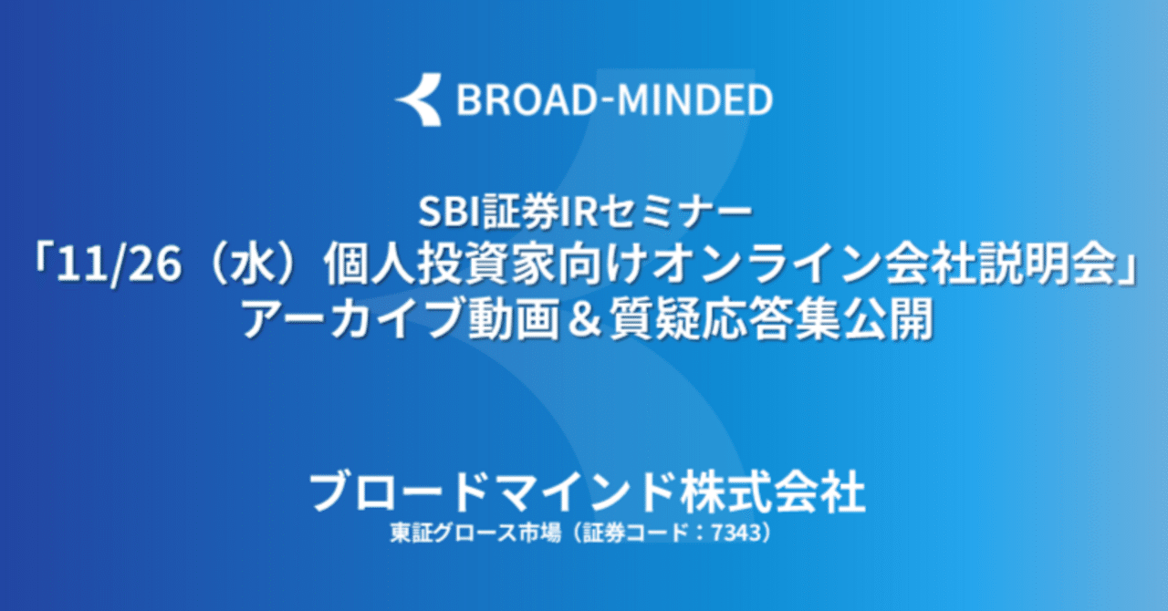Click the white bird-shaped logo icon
(419, 99)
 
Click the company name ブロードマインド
(492, 493)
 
